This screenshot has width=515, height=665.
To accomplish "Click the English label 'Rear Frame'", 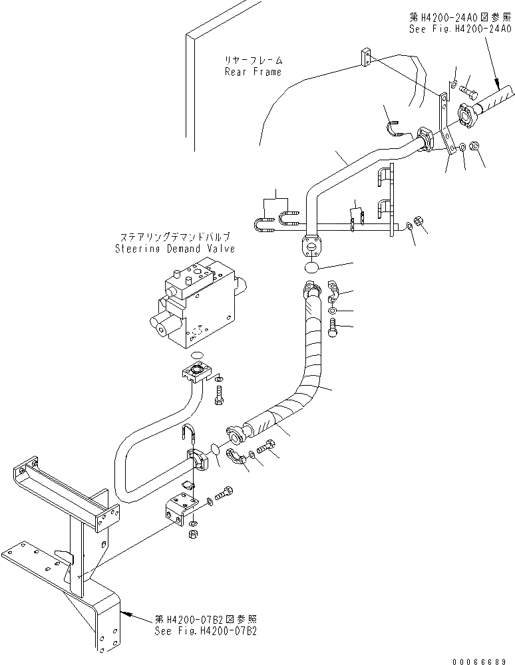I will [253, 72].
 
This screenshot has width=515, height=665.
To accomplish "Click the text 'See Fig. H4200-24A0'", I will [460, 29].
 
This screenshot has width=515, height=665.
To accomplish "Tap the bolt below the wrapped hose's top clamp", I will [332, 328].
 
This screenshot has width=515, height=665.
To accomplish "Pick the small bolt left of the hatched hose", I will [466, 86].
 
